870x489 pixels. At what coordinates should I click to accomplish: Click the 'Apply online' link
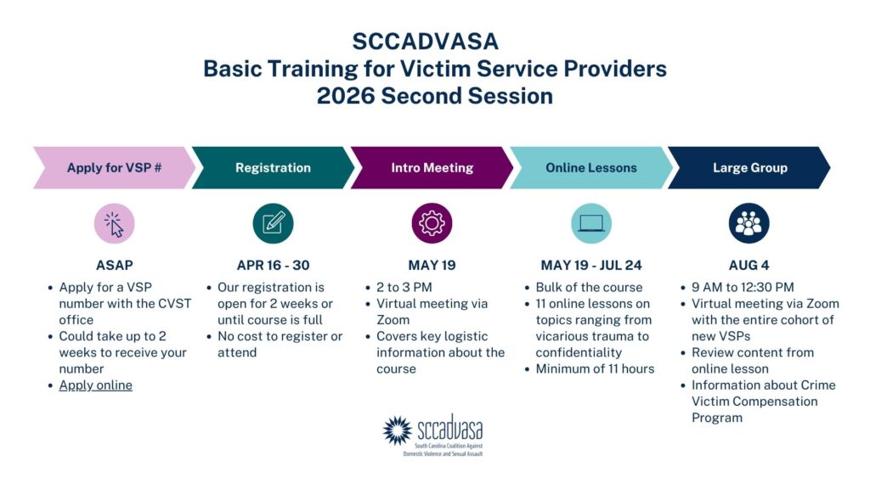click(95, 385)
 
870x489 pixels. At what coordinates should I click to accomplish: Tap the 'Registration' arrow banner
click(273, 167)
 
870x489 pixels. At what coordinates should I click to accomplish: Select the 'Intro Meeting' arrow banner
click(432, 167)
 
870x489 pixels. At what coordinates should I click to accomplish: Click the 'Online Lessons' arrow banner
click(591, 167)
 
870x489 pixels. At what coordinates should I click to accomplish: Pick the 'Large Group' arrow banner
click(749, 167)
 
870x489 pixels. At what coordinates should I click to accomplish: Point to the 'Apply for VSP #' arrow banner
click(115, 167)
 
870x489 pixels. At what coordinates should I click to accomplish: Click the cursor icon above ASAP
click(115, 223)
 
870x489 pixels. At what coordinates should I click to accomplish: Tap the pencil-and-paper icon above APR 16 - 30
click(273, 223)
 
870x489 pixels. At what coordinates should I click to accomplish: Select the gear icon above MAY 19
click(432, 223)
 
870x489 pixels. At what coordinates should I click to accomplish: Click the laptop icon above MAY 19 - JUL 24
click(591, 223)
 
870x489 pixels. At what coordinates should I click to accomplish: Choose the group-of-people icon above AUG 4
click(749, 223)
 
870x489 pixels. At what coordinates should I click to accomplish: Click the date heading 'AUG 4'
click(749, 265)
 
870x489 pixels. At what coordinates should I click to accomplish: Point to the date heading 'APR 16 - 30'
click(273, 265)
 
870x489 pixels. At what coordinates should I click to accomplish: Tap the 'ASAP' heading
click(115, 265)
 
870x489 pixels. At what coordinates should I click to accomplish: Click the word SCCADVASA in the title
click(425, 42)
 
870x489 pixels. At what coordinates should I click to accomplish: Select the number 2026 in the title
click(346, 95)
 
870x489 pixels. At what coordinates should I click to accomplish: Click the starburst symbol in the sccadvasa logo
click(398, 430)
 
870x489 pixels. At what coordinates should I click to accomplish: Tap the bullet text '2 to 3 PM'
click(404, 287)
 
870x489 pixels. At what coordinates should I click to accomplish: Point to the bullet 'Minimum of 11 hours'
click(595, 368)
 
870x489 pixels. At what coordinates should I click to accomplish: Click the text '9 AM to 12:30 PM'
click(743, 287)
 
